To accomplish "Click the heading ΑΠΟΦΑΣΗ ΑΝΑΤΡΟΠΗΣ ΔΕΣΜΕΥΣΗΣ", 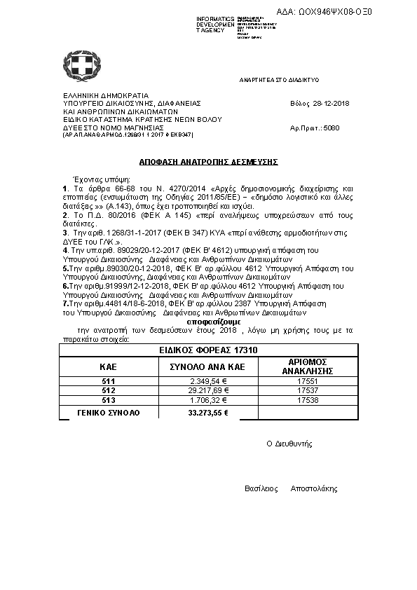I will (208, 161).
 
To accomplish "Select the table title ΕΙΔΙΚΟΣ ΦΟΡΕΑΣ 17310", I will (208, 349).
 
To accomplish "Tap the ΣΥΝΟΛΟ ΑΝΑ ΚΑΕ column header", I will (208, 366).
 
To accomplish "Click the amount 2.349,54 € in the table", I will (207, 380).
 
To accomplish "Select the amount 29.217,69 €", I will (207, 390).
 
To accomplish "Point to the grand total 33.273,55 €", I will (208, 413).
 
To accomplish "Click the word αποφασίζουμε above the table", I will (208, 323).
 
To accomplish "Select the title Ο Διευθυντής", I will (289, 444).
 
